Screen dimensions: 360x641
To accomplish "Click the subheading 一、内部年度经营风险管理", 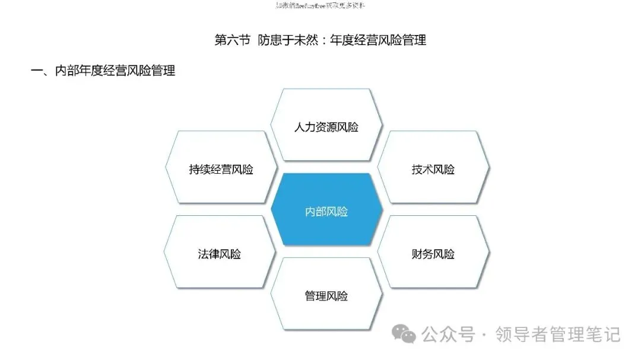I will point(103,71).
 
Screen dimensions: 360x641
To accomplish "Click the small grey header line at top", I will point(320,5).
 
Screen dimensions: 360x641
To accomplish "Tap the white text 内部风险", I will point(326,212).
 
